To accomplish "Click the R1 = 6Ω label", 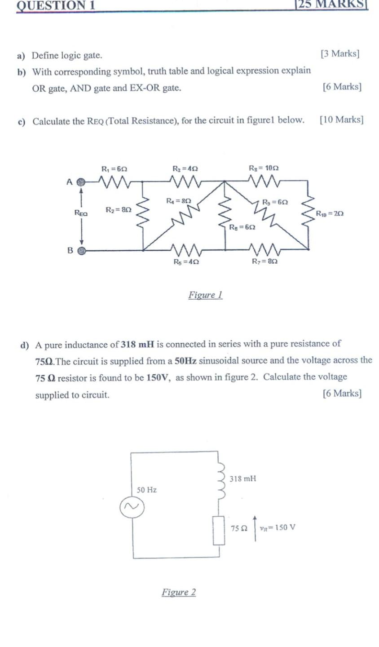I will tap(115, 169).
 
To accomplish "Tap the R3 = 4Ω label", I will tap(185, 169).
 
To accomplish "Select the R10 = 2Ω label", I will tap(330, 213).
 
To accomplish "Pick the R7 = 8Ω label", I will tap(264, 261).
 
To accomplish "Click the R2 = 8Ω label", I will tap(119, 210).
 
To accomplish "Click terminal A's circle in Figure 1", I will tap(81, 182).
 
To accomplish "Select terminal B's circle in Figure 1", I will tap(81, 251).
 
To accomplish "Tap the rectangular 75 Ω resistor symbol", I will tap(219, 530).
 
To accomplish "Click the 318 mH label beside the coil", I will tap(242, 479).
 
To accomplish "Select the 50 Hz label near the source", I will tap(147, 490).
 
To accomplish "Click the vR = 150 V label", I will tap(278, 527).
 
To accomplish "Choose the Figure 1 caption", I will tap(205, 295).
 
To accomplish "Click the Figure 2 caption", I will tap(179, 592).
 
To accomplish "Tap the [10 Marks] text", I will tap(342, 120).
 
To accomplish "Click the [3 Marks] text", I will tap(340, 54).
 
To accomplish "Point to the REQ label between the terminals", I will tap(81, 213).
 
